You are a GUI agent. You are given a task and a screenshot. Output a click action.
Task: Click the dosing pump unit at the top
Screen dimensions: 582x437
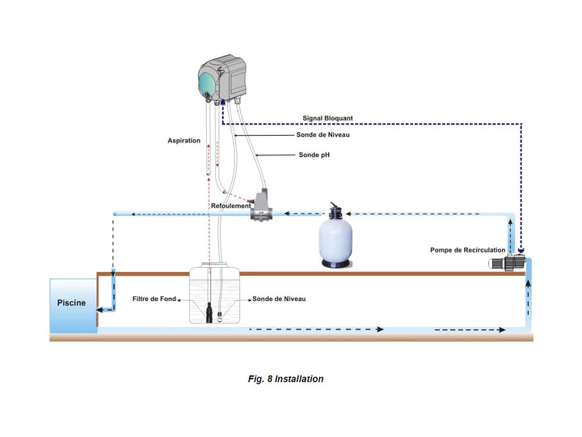[x=222, y=78]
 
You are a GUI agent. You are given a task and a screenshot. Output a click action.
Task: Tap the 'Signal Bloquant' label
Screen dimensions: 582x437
[x=327, y=118]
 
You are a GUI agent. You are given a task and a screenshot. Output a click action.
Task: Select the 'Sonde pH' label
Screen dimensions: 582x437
[x=314, y=155]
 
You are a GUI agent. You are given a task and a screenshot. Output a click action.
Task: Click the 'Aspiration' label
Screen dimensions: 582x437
[x=183, y=141]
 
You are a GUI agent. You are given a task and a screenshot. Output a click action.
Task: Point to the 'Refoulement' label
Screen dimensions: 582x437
[x=231, y=206]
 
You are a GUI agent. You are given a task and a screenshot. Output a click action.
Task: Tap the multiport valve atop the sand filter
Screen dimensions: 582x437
[x=335, y=211]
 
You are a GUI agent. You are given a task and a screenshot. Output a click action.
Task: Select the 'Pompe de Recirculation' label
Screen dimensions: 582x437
[x=468, y=250]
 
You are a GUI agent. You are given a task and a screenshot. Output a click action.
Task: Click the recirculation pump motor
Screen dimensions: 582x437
[x=508, y=263]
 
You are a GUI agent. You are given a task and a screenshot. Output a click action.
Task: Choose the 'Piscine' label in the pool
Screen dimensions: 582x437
[x=71, y=303]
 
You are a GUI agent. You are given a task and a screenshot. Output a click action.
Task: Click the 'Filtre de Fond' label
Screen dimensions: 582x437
[x=154, y=299]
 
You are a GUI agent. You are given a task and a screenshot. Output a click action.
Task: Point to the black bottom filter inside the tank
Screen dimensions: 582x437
[x=209, y=312]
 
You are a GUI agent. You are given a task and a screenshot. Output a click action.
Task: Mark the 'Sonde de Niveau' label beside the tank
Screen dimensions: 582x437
[x=279, y=299]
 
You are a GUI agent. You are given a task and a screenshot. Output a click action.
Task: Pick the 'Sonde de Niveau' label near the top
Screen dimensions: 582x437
[x=323, y=135]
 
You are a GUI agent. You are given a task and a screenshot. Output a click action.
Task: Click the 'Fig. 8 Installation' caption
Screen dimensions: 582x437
[x=286, y=379]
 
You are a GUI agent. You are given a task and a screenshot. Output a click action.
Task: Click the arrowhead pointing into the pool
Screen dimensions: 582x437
[x=99, y=309]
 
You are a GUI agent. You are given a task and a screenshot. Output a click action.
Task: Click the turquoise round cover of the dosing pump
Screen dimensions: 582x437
[x=205, y=83]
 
